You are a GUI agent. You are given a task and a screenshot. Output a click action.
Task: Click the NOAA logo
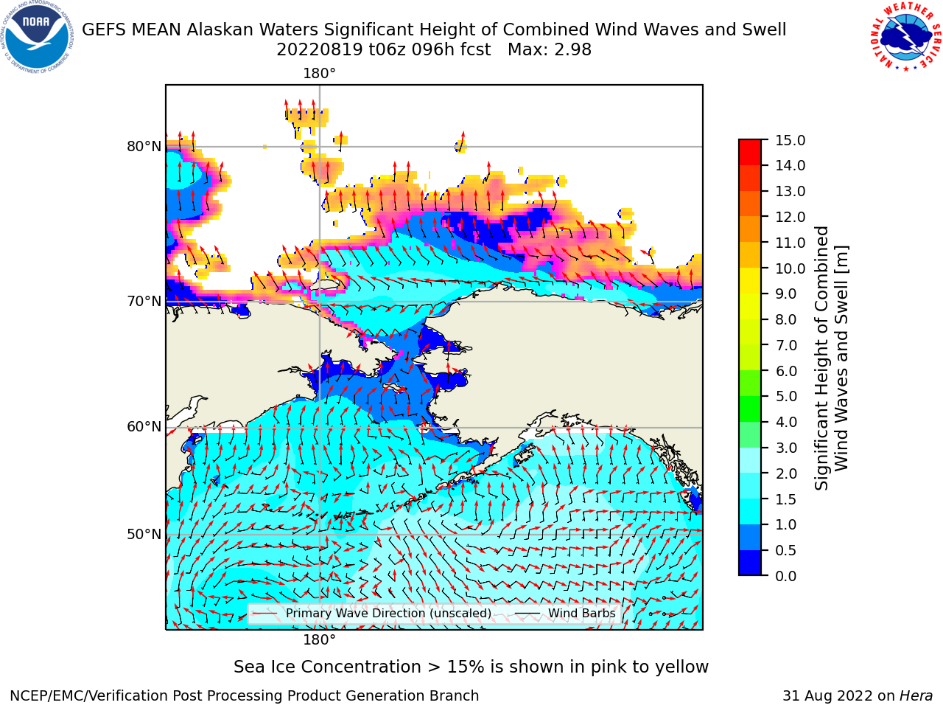37,37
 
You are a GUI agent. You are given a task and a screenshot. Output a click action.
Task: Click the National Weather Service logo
905,37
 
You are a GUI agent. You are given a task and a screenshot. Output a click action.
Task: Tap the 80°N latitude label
144,147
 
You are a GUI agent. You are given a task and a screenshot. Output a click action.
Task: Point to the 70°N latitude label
144,302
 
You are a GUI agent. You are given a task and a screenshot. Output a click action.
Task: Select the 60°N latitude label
144,427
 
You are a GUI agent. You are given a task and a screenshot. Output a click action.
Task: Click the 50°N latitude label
144,535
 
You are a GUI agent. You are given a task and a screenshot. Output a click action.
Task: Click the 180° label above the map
319,74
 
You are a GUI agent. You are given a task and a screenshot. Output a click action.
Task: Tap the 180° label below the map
319,639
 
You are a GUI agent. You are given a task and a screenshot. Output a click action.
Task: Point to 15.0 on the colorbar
790,140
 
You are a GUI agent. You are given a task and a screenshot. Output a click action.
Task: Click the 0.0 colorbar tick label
786,576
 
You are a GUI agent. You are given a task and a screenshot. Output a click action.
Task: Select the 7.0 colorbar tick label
786,345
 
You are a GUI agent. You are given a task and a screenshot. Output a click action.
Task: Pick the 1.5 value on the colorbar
786,499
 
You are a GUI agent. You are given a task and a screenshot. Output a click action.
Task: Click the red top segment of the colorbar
750,152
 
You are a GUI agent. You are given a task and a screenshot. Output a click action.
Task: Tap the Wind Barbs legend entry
565,613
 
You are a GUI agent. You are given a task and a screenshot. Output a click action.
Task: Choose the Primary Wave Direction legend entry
372,613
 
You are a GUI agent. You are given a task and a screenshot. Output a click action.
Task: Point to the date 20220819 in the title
320,50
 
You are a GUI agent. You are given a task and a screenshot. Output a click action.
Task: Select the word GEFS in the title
102,30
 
